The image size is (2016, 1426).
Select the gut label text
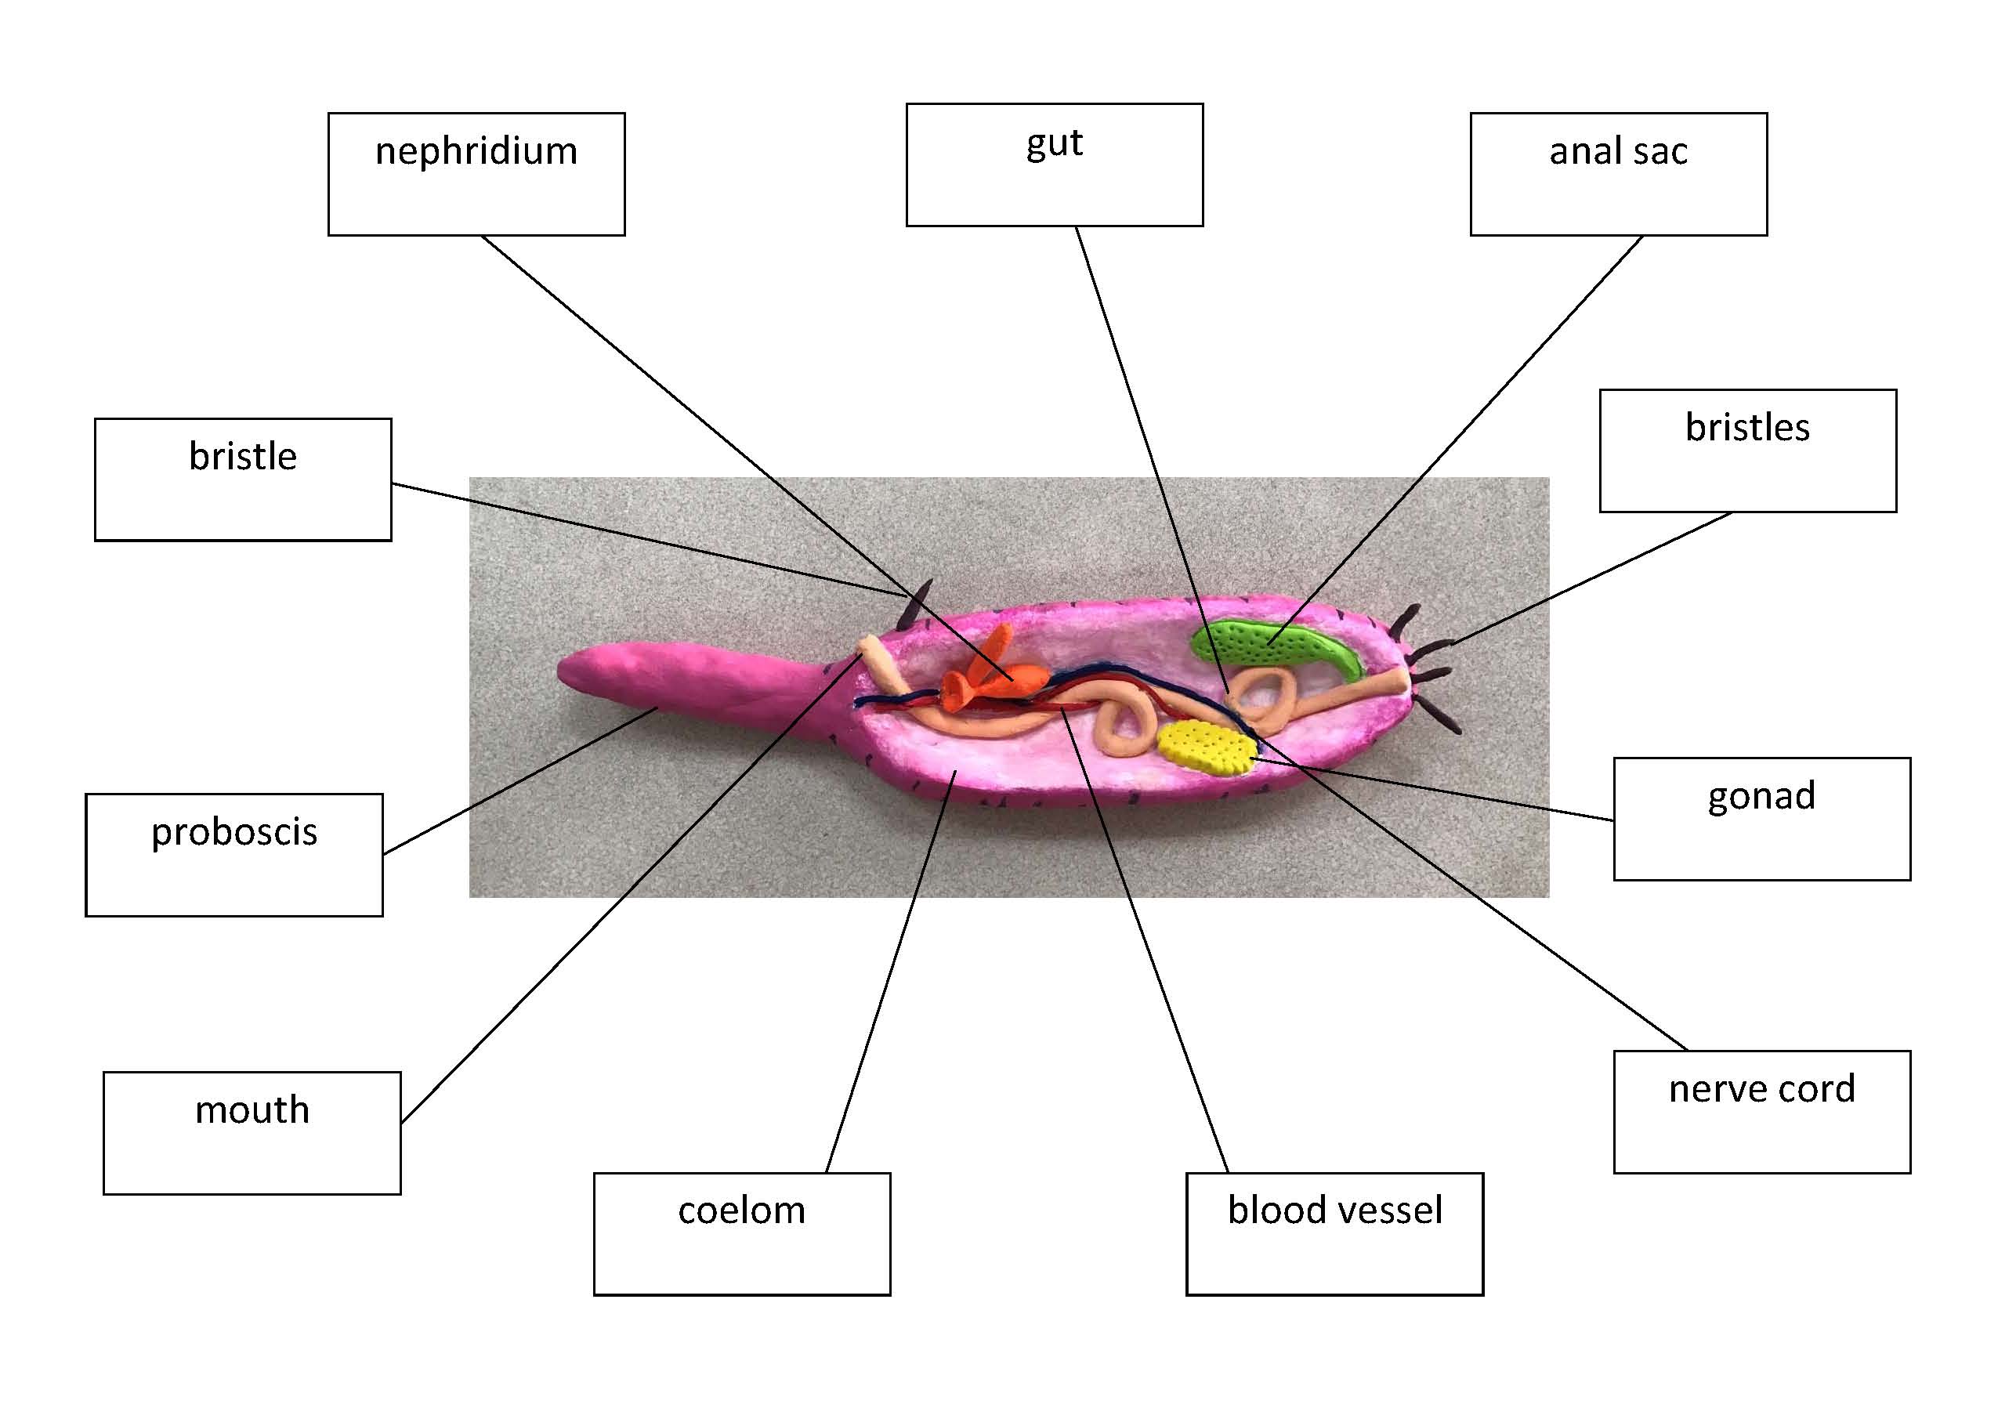(1054, 143)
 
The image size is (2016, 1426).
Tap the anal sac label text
(1617, 152)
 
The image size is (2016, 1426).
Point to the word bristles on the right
(1746, 429)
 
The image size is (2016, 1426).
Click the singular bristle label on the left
(242, 457)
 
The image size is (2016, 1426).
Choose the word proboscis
(233, 832)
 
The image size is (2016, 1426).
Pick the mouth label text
(252, 1110)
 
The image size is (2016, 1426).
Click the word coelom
(741, 1211)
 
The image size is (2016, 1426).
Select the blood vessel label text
(1334, 1210)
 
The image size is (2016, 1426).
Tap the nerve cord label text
(1761, 1089)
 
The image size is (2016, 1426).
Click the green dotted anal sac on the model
(1273, 646)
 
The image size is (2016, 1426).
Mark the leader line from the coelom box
(887, 975)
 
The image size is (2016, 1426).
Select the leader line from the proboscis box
(518, 781)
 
